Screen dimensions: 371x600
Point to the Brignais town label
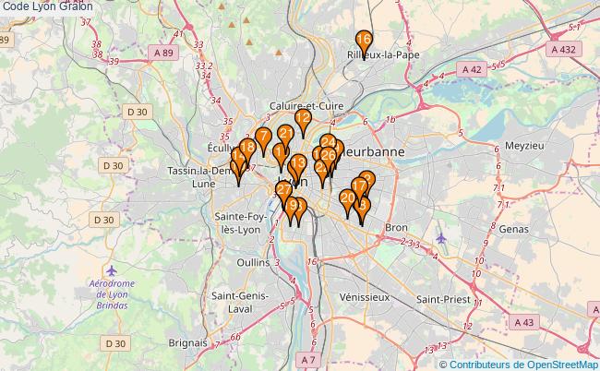coord(188,341)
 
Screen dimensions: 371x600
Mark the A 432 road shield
coord(563,49)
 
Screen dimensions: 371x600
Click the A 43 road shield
coord(525,322)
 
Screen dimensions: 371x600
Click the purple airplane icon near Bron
coord(441,239)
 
